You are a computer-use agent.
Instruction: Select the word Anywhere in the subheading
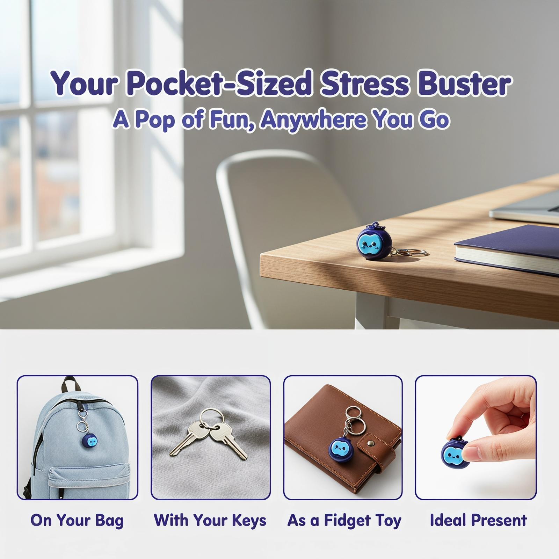(x=313, y=120)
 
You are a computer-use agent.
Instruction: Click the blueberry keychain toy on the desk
(x=374, y=241)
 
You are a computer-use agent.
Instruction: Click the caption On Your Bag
(x=77, y=521)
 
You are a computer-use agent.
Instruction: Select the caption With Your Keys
(x=210, y=521)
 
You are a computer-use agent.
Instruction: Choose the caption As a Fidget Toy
(x=344, y=521)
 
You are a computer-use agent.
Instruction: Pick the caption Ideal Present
(x=478, y=520)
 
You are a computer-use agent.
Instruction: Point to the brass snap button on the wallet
(x=372, y=444)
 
